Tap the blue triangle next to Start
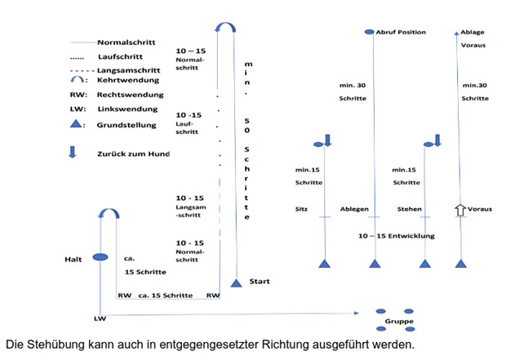(237, 282)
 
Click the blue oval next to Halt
(100, 257)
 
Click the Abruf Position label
(402, 32)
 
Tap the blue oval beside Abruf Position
(369, 32)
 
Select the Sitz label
(302, 209)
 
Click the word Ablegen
(353, 209)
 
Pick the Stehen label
(409, 209)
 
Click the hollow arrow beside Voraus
(460, 210)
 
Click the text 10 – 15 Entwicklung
(397, 236)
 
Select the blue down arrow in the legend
(73, 153)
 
